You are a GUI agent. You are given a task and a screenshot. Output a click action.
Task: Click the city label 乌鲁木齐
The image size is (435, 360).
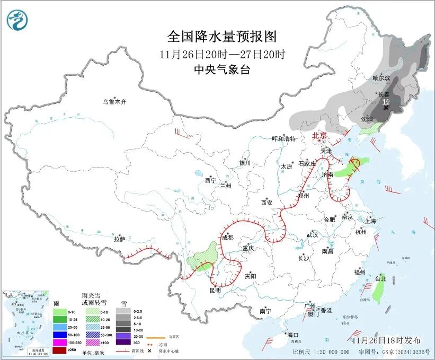tap(115, 102)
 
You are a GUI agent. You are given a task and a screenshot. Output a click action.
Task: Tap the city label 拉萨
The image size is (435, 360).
tap(119, 239)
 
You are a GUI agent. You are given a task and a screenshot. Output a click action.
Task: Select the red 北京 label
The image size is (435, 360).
tap(319, 136)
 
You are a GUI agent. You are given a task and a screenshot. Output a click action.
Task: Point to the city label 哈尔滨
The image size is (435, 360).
tap(381, 78)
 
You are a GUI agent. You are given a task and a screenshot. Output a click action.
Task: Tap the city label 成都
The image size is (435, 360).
tap(228, 238)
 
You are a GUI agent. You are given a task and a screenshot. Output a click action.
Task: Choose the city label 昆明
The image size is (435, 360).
tap(215, 290)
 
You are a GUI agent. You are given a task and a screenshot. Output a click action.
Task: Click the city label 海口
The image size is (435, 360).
tap(293, 335)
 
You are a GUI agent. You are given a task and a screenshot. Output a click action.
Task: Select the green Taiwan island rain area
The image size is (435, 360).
tap(378, 289)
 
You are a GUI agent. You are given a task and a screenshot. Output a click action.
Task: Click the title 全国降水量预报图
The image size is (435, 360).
tap(222, 37)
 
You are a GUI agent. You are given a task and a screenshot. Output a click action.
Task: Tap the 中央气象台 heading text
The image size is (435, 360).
tap(221, 69)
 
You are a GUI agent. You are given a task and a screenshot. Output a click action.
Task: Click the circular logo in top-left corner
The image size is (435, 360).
tap(17, 20)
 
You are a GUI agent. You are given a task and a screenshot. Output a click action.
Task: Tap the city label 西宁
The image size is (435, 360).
tap(210, 181)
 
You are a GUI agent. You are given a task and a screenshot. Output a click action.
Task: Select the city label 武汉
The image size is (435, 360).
tap(312, 234)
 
